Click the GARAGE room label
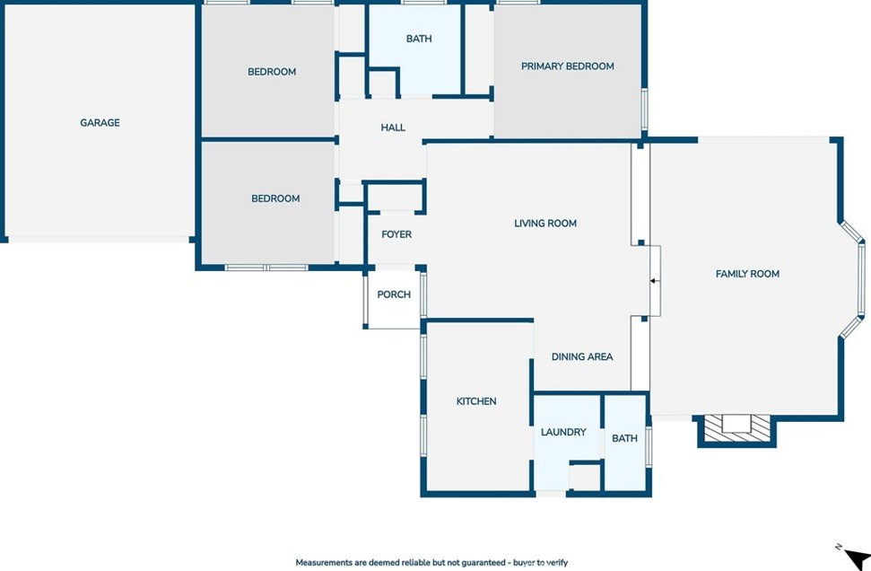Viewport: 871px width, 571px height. [100, 122]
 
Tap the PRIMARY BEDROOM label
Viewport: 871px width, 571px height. [567, 66]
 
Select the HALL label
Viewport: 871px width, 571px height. [393, 127]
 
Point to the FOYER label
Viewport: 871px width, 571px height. [396, 234]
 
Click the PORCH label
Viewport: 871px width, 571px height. [394, 294]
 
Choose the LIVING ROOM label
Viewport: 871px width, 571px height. [544, 223]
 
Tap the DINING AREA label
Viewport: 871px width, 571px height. [582, 356]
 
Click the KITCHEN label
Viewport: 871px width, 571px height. [476, 401]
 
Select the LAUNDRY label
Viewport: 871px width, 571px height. [563, 432]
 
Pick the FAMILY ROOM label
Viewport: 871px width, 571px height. [747, 274]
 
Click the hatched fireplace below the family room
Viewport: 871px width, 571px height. [736, 428]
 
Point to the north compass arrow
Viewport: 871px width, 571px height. [856, 558]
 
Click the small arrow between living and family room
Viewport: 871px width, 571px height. [654, 281]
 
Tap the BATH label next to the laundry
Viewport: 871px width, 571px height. [624, 438]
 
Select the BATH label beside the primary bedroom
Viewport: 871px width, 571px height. [419, 39]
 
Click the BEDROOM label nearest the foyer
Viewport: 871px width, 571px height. [275, 198]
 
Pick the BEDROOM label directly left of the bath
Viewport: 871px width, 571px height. [272, 72]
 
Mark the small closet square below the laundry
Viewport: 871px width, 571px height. [584, 477]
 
